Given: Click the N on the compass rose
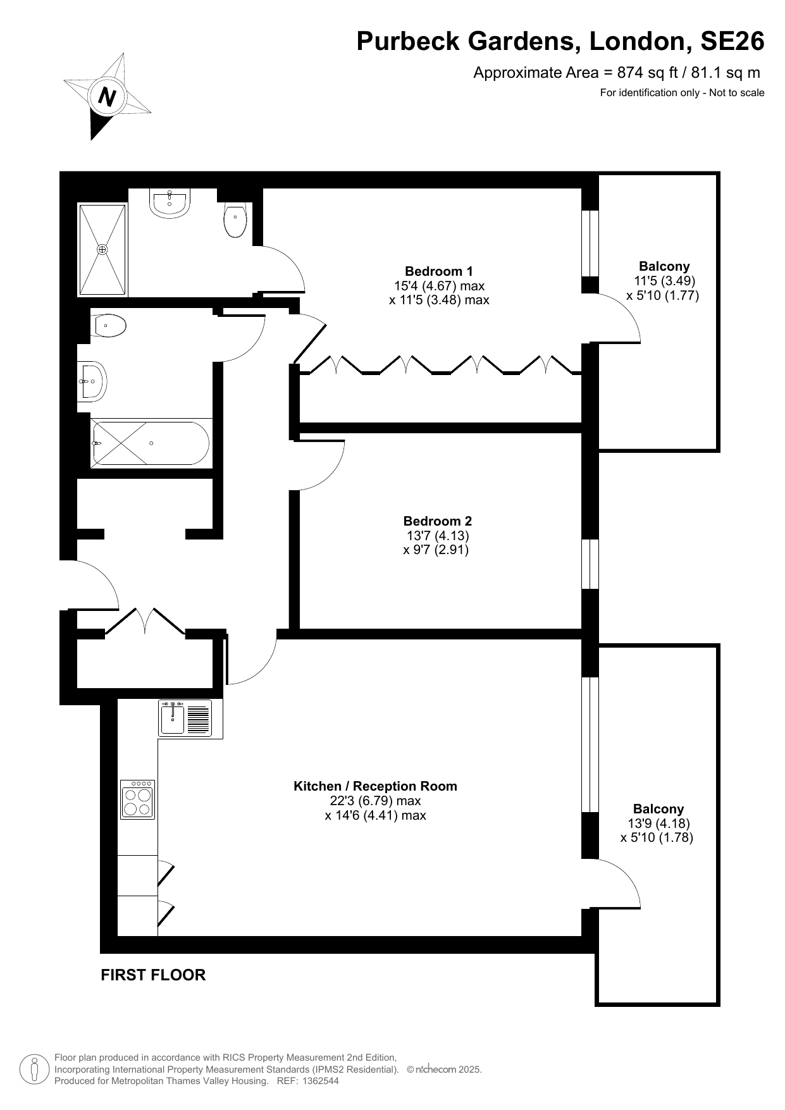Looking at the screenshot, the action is pyautogui.click(x=108, y=97).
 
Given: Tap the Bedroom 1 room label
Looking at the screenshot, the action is pyautogui.click(x=439, y=271).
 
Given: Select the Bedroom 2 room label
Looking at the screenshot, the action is pyautogui.click(x=438, y=521).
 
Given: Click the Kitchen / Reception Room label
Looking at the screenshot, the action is pyautogui.click(x=375, y=786).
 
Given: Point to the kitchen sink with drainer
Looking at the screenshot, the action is pyautogui.click(x=185, y=718).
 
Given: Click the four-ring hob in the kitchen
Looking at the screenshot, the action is pyautogui.click(x=138, y=799).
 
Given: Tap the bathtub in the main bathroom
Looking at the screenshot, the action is pyautogui.click(x=150, y=443).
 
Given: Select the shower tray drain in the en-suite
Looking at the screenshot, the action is pyautogui.click(x=102, y=250).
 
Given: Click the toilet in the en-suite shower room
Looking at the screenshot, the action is pyautogui.click(x=235, y=219).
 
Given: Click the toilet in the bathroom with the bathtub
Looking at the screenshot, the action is pyautogui.click(x=108, y=326).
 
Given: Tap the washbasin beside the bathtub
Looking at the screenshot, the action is pyautogui.click(x=92, y=381).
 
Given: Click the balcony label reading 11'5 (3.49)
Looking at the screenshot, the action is pyautogui.click(x=664, y=281).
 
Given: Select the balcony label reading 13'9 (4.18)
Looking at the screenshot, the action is pyautogui.click(x=658, y=823).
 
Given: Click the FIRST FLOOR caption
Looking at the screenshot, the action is pyautogui.click(x=153, y=975).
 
